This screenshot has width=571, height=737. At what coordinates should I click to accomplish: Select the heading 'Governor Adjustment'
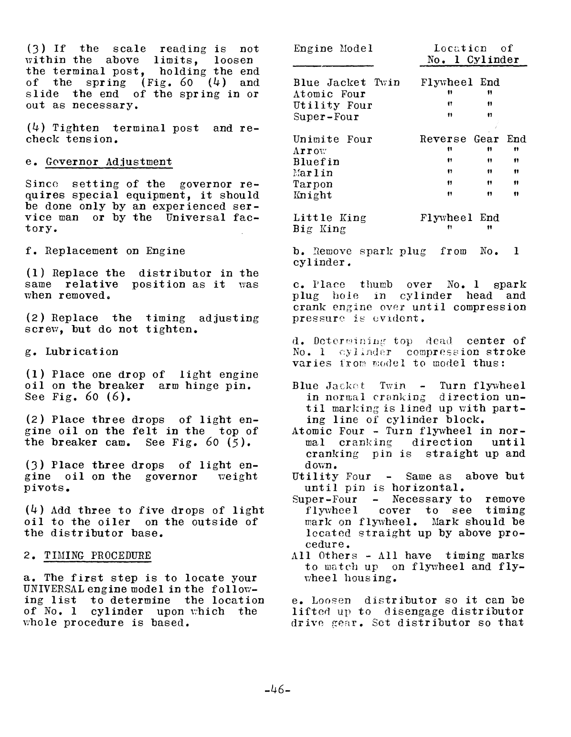pyautogui.click(x=109, y=162)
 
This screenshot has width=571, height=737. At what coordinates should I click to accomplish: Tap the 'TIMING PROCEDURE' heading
pyautogui.click(x=97, y=556)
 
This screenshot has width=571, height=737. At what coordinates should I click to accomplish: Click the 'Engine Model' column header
pyautogui.click(x=333, y=49)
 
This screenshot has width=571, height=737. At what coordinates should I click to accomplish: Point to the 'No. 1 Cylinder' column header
pyautogui.click(x=473, y=60)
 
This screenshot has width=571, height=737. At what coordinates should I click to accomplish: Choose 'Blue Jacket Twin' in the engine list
pyautogui.click(x=346, y=83)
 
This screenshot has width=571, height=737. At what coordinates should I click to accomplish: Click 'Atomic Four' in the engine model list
pyautogui.click(x=329, y=94)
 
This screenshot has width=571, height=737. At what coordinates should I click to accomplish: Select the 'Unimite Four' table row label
pyautogui.click(x=332, y=139)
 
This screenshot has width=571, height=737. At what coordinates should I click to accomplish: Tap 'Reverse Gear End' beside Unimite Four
pyautogui.click(x=473, y=139)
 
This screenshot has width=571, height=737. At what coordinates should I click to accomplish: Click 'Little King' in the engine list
pyautogui.click(x=329, y=218)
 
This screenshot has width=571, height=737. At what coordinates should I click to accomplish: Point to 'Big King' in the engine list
pyautogui.click(x=319, y=229)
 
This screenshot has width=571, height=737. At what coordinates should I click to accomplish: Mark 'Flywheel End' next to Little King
pyautogui.click(x=459, y=218)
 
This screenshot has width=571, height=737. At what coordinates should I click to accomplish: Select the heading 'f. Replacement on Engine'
pyautogui.click(x=105, y=251)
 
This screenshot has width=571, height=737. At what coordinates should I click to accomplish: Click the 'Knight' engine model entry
pyautogui.click(x=312, y=195)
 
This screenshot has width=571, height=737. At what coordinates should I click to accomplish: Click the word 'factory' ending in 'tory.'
pyautogui.click(x=40, y=229)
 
